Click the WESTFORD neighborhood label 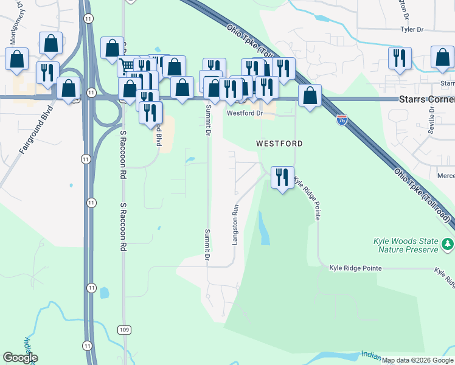coord(279,144)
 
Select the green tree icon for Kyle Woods coord(448,244)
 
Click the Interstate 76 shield coord(342,120)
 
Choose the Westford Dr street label coord(245,113)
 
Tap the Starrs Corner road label coord(426,99)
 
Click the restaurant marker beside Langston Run coord(282,178)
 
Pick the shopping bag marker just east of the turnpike coord(310,96)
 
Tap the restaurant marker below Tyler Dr coord(400,58)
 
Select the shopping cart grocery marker coord(128,65)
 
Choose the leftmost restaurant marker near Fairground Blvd coord(47,72)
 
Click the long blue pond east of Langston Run coord(265,229)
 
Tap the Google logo coord(20,358)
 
